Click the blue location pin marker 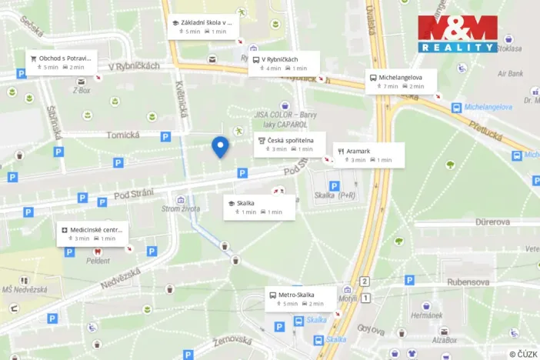tap(220, 146)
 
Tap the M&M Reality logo tap(458, 34)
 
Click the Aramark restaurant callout tap(368, 155)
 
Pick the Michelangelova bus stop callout tap(401, 82)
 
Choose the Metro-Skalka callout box tap(301, 298)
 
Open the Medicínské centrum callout tap(92, 233)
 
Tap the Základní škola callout tap(202, 27)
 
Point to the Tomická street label tap(122, 135)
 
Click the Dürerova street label tap(493, 222)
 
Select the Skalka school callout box tap(259, 207)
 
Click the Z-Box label tap(81, 90)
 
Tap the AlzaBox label tap(444, 339)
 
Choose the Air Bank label tap(511, 74)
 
